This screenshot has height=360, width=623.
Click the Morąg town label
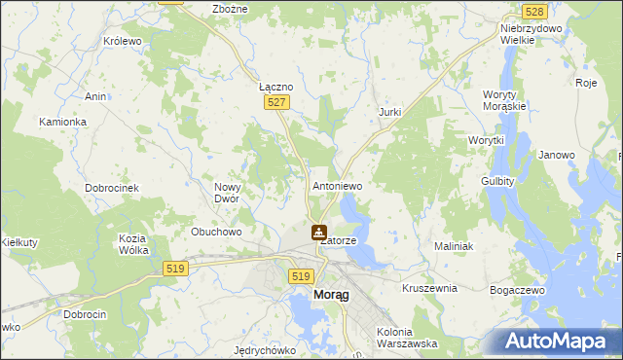[x=329, y=295]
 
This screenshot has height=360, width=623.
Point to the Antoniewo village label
[x=337, y=185]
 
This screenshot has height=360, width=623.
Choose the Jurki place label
[x=389, y=113]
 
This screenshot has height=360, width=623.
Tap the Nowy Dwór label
[x=234, y=192]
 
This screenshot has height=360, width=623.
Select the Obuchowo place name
[x=216, y=232]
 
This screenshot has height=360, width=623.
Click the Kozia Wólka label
[x=132, y=244]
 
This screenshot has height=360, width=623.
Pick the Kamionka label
[x=63, y=122]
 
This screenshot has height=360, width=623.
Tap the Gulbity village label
[x=497, y=181]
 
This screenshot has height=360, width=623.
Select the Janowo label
[x=557, y=155]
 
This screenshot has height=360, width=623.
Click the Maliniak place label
[x=454, y=246]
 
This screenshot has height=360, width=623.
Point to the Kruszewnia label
[x=429, y=289]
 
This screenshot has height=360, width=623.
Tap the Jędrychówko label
[x=266, y=349]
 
